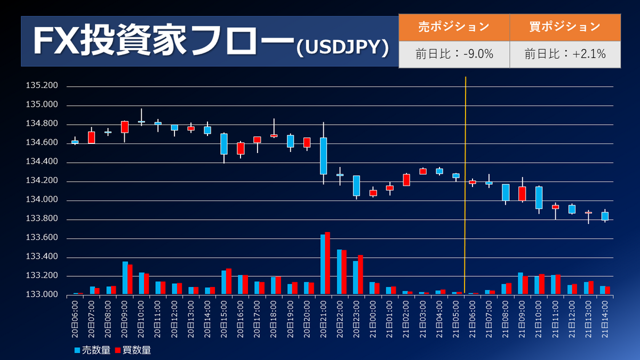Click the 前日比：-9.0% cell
(x=454, y=54)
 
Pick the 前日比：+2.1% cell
(x=565, y=54)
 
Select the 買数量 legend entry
(x=133, y=350)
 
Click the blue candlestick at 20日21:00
(x=323, y=156)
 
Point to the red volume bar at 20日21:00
(x=327, y=263)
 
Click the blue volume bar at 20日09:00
(x=125, y=277)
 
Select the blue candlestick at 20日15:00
(x=224, y=144)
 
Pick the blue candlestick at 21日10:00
(x=539, y=197)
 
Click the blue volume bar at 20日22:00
(x=339, y=271)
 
